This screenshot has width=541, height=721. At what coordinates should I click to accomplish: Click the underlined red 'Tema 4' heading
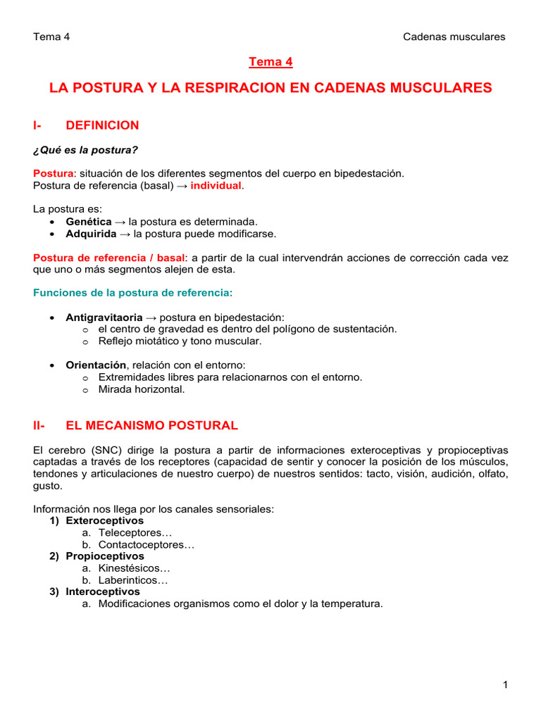pos(270,62)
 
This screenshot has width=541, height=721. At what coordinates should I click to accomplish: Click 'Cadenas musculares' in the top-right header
pos(454,37)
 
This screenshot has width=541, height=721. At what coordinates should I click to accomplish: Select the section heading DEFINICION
pos(102,125)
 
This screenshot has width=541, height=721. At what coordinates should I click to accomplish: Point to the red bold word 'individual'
pos(216,185)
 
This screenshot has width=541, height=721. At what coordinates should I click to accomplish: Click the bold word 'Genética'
pos(88,221)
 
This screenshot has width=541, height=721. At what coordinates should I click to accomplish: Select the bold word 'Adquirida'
pos(91,233)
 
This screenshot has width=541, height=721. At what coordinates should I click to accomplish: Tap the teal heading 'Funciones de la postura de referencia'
pos(131,292)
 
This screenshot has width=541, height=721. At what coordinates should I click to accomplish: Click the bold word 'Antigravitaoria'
pos(104,317)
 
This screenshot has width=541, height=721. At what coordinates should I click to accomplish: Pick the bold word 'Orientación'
pos(97,365)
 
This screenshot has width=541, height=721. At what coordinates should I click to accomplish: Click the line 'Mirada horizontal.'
pos(142,389)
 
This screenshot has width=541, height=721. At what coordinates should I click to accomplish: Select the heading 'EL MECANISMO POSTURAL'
pos(151,425)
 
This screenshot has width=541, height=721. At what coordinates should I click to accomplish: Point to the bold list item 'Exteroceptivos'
pos(104,520)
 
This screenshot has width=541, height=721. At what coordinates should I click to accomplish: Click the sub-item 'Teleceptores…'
pos(130,532)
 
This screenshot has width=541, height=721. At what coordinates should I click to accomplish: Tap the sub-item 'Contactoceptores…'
pos(147,544)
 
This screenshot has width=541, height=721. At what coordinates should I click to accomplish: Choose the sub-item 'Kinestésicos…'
pos(135,568)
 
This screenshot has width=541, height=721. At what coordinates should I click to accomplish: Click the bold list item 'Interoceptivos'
pos(103,592)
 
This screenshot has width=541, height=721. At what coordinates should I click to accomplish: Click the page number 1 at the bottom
pos(506,684)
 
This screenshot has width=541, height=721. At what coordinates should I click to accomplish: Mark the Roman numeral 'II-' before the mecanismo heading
pos(39,425)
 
